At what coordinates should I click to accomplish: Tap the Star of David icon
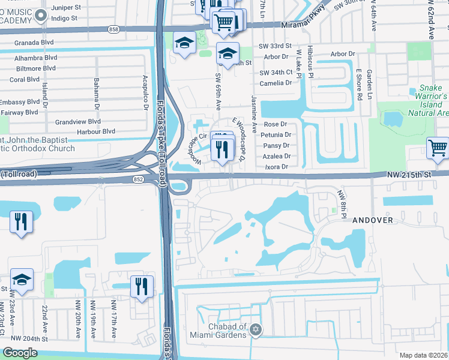(256, 330)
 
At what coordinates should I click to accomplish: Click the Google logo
(20, 353)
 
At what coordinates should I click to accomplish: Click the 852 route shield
(139, 179)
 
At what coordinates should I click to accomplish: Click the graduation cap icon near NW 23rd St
(22, 280)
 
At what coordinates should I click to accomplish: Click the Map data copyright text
(423, 355)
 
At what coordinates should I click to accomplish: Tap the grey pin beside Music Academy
(41, 16)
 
